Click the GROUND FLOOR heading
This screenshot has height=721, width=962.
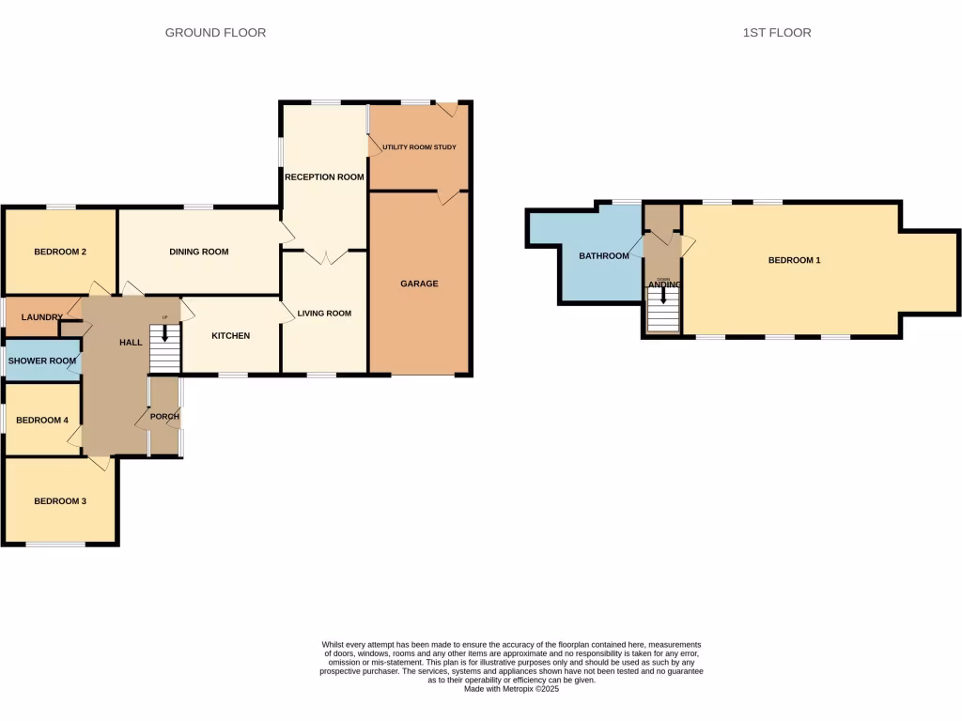pos(215,33)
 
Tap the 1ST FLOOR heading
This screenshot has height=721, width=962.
pos(776,33)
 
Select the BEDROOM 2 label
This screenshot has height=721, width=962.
pos(60,252)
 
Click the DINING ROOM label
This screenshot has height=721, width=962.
pos(199,252)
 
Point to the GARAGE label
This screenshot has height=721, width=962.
pos(419,284)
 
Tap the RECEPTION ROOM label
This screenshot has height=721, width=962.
pos(324,176)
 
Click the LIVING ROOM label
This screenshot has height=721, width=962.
pos(324,314)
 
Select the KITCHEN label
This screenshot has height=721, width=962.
pos(230,336)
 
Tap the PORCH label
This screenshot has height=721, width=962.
pos(164,417)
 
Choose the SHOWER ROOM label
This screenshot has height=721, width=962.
pos(42,361)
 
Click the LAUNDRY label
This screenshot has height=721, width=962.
pos(41,317)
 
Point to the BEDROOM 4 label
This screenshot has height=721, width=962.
pos(42,420)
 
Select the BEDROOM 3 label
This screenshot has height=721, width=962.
pos(60,501)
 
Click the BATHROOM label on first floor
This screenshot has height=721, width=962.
pos(603,256)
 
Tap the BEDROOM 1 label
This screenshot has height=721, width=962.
pos(795,261)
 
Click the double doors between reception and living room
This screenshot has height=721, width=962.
pos(324,256)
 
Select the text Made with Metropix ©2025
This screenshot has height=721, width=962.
pos(512,688)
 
